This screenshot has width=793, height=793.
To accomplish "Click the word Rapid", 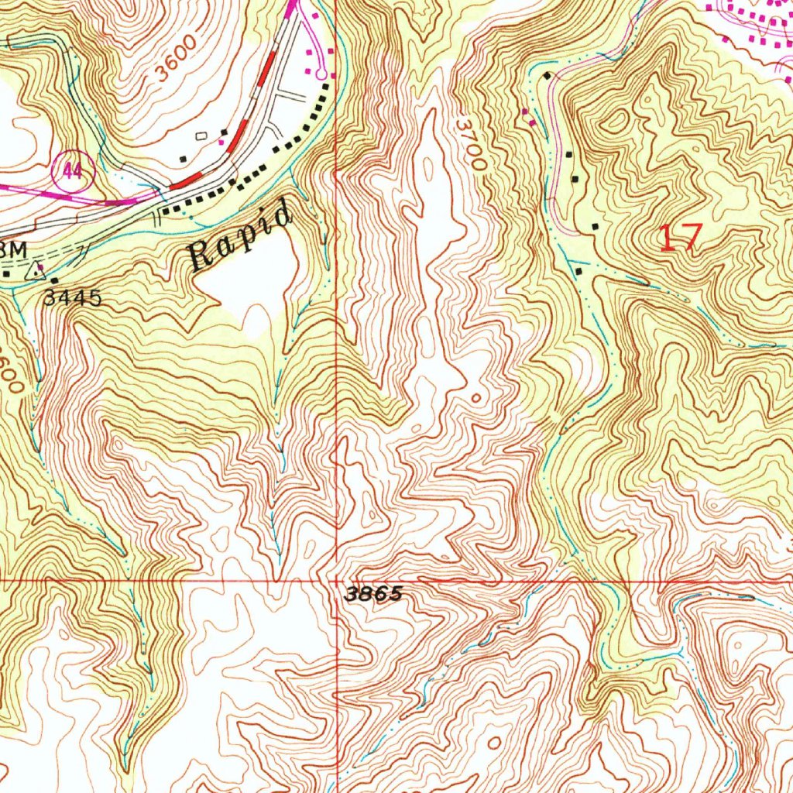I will click(x=242, y=235).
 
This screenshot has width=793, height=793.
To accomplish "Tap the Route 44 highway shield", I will click(x=73, y=171).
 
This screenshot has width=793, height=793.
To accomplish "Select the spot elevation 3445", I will click(x=72, y=297).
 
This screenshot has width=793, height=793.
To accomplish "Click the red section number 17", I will click(x=680, y=237).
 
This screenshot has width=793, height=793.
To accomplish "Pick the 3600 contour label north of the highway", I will click(x=175, y=67).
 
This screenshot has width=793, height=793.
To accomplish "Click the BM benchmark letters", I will click(x=14, y=249).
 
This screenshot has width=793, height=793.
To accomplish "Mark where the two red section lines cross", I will click(x=337, y=580).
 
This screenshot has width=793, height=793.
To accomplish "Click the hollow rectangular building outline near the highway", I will click(x=202, y=136).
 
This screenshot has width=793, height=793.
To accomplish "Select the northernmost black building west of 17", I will click(x=548, y=76).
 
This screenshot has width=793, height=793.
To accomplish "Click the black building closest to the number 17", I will click(x=595, y=226).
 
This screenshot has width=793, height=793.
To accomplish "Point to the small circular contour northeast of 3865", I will click(x=475, y=397).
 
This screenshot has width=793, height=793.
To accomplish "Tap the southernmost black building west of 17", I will click(x=581, y=271).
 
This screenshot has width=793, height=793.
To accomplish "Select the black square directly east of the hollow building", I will click(x=224, y=133).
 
